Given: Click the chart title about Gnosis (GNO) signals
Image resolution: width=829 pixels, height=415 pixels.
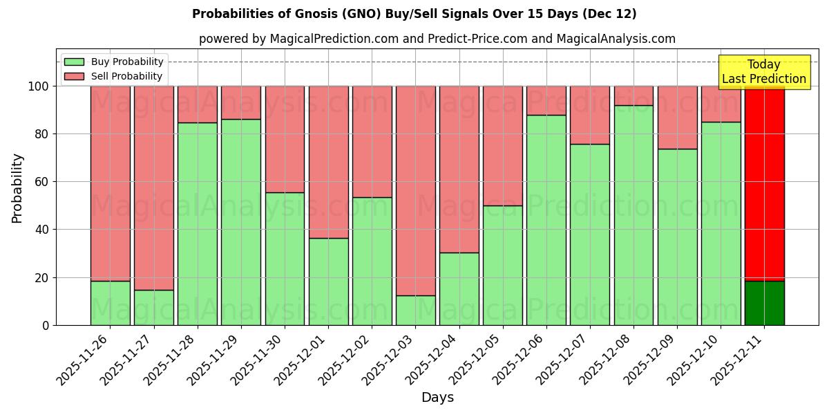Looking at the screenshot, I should tap(414, 14).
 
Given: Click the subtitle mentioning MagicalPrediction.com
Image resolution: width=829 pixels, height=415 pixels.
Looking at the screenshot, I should tap(437, 39).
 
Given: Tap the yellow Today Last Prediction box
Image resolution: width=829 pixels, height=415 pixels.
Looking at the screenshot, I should tap(763, 72).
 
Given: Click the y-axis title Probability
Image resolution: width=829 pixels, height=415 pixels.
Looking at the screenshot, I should tap(17, 187).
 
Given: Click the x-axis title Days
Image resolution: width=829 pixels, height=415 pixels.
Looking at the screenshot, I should tap(437, 398).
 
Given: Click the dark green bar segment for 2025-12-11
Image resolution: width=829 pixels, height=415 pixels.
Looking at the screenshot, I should tap(764, 303).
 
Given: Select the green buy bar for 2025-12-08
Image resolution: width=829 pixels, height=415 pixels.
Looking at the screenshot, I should tap(633, 214).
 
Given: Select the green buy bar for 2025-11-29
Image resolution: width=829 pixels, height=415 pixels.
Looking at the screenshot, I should tap(241, 221).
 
